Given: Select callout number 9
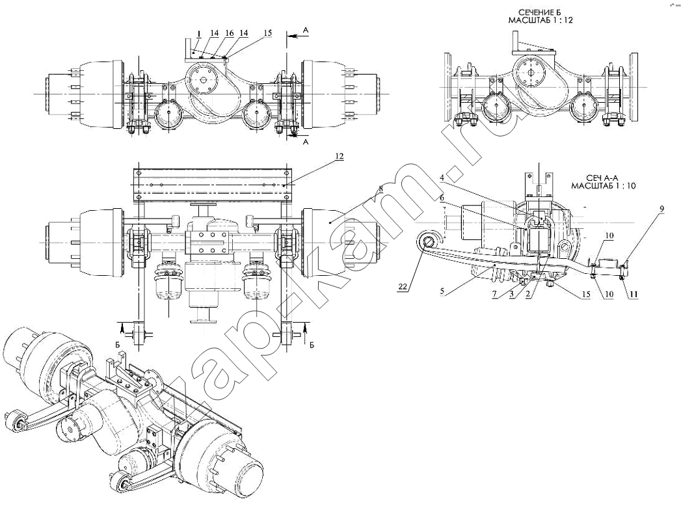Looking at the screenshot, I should tap(661, 209).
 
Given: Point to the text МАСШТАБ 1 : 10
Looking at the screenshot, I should tap(603, 185).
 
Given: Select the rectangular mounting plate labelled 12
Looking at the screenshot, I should tap(211, 185).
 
